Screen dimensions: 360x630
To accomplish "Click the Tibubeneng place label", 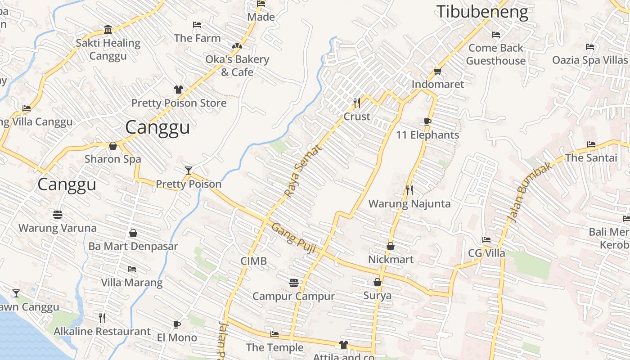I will click(x=482, y=12).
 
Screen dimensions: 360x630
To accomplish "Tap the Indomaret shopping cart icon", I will click(x=437, y=71).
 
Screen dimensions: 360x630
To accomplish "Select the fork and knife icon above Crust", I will click(x=357, y=103).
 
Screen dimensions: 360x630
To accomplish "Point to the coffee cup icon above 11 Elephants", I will click(x=427, y=121).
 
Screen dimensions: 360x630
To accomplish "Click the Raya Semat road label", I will click(x=304, y=171).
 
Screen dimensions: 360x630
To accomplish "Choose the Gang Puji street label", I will click(x=293, y=238).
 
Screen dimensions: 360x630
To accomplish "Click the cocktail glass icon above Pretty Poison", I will click(x=189, y=171).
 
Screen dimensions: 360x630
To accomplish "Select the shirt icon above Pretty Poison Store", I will click(x=179, y=90).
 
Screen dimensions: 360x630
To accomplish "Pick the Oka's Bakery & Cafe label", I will click(x=237, y=66).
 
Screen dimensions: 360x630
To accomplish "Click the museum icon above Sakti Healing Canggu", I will click(x=108, y=30).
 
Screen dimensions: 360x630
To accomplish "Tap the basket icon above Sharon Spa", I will click(x=113, y=146).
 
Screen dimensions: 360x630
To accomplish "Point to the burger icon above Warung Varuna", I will click(x=57, y=215).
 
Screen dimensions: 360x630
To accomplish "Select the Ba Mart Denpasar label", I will click(x=133, y=246).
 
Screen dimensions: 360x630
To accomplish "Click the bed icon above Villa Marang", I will click(x=131, y=269).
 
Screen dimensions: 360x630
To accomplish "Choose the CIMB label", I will click(x=253, y=261).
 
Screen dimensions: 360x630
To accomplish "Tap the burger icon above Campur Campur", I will click(x=294, y=283).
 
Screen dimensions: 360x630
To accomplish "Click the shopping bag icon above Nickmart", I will click(x=391, y=246).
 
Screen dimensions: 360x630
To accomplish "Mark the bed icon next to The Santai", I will click(x=591, y=144).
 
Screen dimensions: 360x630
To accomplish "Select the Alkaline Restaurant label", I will click(x=102, y=332).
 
